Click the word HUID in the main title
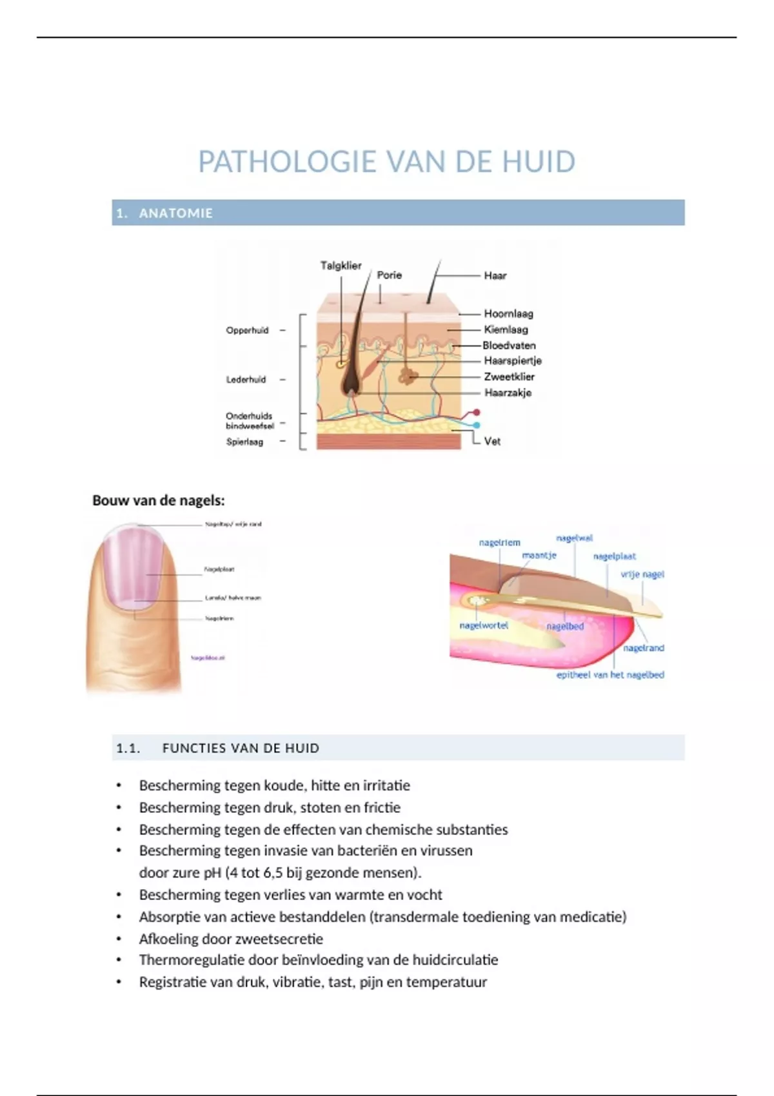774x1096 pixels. tap(539, 162)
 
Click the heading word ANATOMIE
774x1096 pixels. tap(175, 213)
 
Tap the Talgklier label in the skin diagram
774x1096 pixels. tap(341, 266)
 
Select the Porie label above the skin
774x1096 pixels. tap(389, 275)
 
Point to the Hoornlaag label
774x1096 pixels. tap(508, 314)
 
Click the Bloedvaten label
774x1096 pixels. tap(509, 346)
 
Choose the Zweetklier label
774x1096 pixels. tap(509, 377)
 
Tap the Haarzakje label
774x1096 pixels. tap(508, 393)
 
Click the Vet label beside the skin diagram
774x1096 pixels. tap(492, 442)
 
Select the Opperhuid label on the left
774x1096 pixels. tap(247, 331)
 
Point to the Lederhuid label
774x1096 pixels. tap(246, 380)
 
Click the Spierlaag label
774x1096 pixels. tap(244, 442)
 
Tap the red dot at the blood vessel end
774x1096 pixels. tap(477, 412)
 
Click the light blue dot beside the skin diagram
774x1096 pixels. tap(477, 426)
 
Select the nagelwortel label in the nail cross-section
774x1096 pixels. tap(484, 625)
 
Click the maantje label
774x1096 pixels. tap(539, 555)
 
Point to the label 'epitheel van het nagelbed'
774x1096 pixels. tap(610, 675)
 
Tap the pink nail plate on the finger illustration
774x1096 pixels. tap(132, 564)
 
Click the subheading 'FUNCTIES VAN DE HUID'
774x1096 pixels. tap(241, 749)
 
